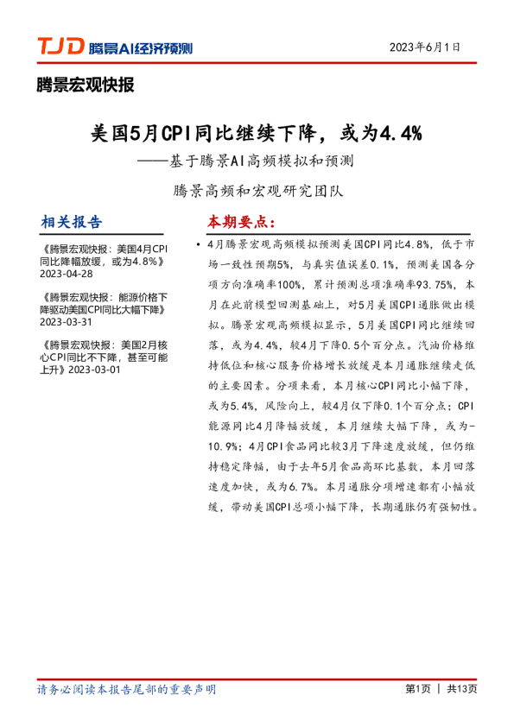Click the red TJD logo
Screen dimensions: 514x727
(x=60, y=47)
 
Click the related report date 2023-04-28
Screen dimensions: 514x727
(x=67, y=274)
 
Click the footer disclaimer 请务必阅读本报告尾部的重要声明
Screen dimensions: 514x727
(x=127, y=689)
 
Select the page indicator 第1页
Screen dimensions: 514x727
(x=417, y=689)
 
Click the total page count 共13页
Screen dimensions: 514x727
(x=462, y=689)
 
